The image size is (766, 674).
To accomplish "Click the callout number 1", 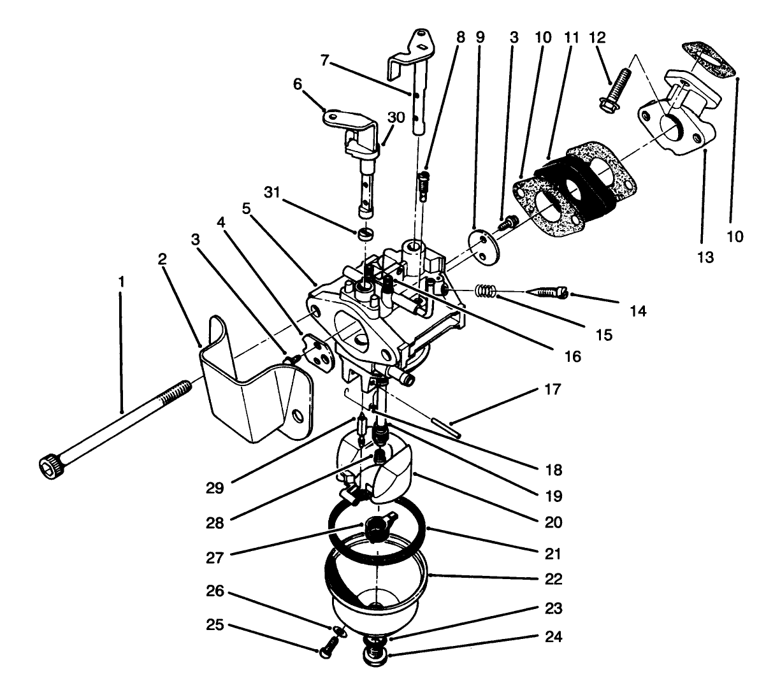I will tap(121, 280).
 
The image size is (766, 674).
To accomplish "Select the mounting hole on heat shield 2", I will tap(297, 417).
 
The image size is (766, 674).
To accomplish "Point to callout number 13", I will tap(705, 257).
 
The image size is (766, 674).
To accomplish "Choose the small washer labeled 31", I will tap(365, 234).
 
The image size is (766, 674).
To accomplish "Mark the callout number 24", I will tap(554, 636).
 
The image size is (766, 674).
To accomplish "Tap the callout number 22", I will tap(554, 579).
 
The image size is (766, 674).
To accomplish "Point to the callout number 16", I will tap(572, 357).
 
